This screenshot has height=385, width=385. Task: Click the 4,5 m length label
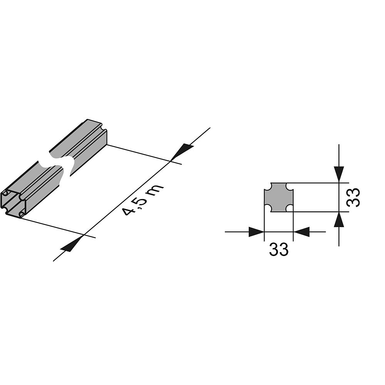pos(143,200)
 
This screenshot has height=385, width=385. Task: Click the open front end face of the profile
pos(13,203)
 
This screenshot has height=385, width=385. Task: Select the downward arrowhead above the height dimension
pos(339,173)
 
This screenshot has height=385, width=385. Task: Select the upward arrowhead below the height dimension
pos(339,221)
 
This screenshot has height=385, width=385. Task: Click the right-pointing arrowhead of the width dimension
pos(256,232)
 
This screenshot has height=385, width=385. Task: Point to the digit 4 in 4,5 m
pos(128,211)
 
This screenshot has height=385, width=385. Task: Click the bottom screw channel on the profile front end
pos(22,213)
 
